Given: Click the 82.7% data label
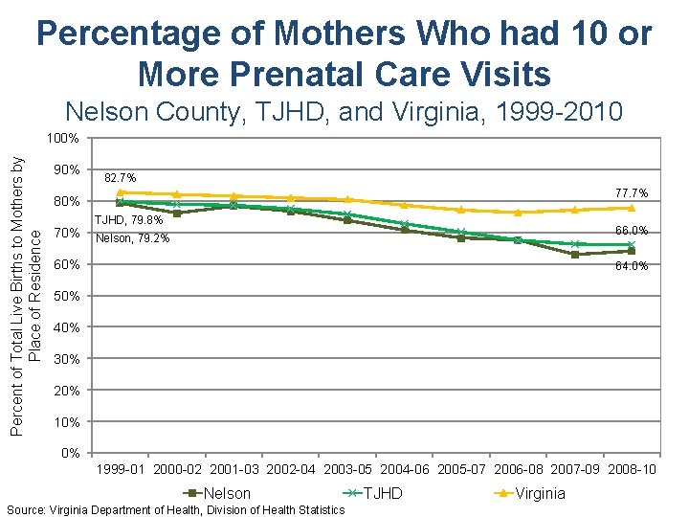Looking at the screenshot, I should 120,177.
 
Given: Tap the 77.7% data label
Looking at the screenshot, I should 631,193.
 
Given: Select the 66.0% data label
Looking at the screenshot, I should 631,231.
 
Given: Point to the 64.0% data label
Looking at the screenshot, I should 632,266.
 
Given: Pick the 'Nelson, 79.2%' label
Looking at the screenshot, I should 133,238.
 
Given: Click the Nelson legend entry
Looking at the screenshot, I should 219,493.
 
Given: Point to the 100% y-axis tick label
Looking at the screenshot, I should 63,138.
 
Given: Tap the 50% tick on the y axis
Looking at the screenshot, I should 67,296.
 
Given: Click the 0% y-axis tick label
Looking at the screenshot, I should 70,453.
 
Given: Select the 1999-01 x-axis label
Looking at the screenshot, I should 121,469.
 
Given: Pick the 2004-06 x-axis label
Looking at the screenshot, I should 404,469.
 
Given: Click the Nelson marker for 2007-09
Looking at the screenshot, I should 574,255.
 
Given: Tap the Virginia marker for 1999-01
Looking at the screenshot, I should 121,192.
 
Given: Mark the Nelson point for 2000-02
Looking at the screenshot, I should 177,214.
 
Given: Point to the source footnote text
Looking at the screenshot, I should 175,510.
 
